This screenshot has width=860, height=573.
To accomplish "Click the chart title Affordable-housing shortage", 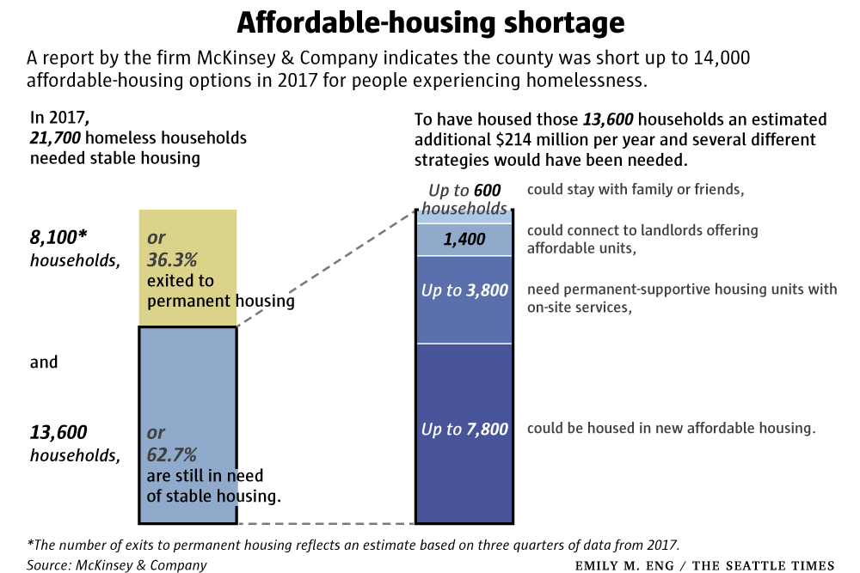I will (x=430, y=22).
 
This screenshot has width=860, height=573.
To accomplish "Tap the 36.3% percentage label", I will (x=172, y=258).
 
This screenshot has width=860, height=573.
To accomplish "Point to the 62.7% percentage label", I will (x=172, y=454).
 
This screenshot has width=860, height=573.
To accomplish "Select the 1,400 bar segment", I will (x=464, y=240).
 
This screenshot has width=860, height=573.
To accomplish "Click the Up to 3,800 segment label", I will (x=464, y=290).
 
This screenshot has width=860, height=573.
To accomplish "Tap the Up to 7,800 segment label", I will (x=464, y=429).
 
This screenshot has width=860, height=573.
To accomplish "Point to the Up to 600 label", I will (x=464, y=190).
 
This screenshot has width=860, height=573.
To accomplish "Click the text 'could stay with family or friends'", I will (x=635, y=190).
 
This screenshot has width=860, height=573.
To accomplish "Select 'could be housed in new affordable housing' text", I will (x=671, y=428).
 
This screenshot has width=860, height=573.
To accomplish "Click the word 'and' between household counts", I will (x=44, y=362).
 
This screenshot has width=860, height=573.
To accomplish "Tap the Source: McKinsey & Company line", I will (x=117, y=564).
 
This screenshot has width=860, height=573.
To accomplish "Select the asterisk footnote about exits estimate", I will (x=353, y=545).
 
